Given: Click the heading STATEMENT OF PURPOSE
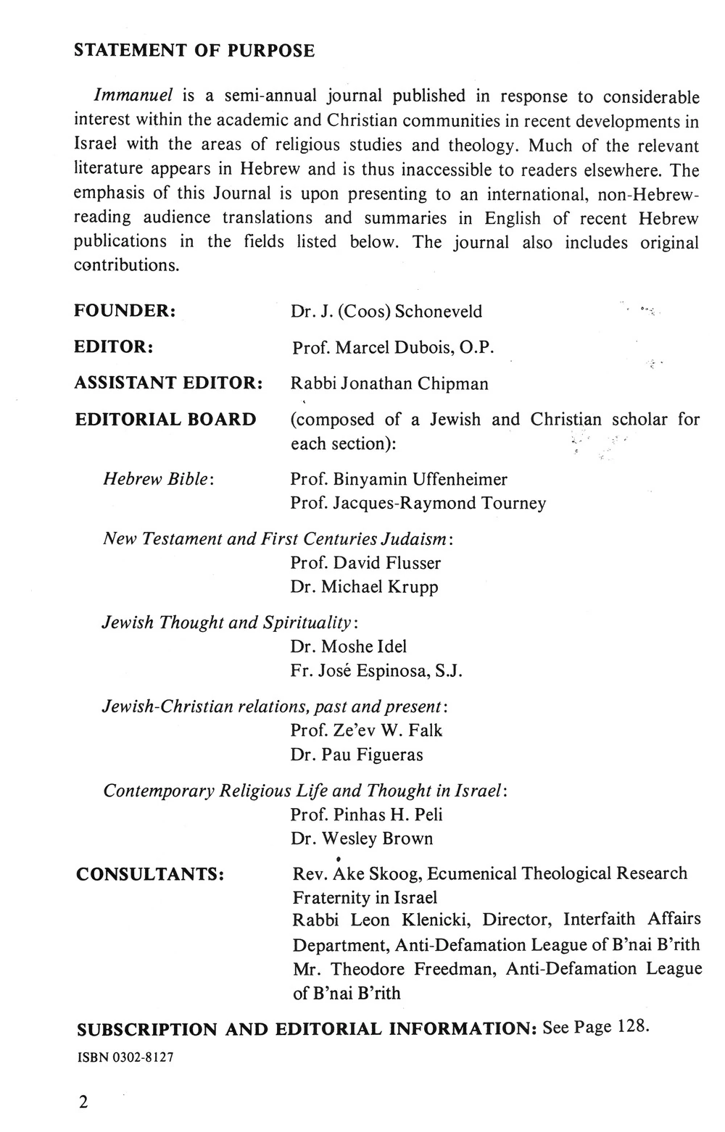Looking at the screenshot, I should (194, 51).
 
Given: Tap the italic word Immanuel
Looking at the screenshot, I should (124, 96).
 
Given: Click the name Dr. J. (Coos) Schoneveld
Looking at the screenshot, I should (386, 312).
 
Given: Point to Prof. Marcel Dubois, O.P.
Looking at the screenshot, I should (393, 348).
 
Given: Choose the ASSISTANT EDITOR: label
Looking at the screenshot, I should (168, 383).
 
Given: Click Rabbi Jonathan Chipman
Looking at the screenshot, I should (389, 383).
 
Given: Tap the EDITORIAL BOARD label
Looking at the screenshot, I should (165, 420).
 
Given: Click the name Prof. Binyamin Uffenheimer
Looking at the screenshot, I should (399, 479).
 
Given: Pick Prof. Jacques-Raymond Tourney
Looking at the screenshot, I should (418, 503).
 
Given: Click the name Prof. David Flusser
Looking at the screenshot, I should (365, 562).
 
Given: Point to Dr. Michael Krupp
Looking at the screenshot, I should (364, 586).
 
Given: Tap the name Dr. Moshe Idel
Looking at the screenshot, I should (348, 646).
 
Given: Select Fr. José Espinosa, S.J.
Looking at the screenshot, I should (376, 670).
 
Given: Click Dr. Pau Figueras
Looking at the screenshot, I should (356, 754).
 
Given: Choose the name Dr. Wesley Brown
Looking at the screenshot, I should (361, 838).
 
